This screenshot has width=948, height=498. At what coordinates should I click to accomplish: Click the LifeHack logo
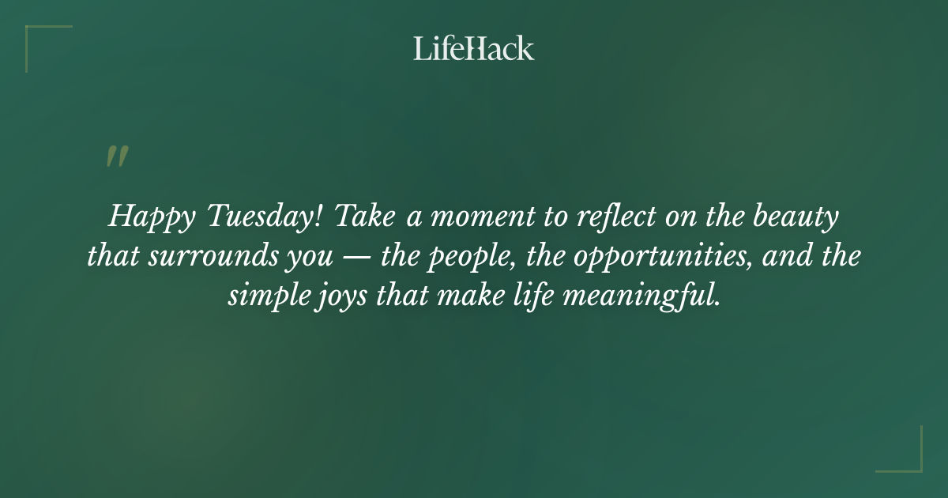click(x=474, y=48)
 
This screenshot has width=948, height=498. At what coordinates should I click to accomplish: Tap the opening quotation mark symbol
click(x=116, y=157)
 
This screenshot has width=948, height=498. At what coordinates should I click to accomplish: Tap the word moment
click(x=477, y=217)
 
